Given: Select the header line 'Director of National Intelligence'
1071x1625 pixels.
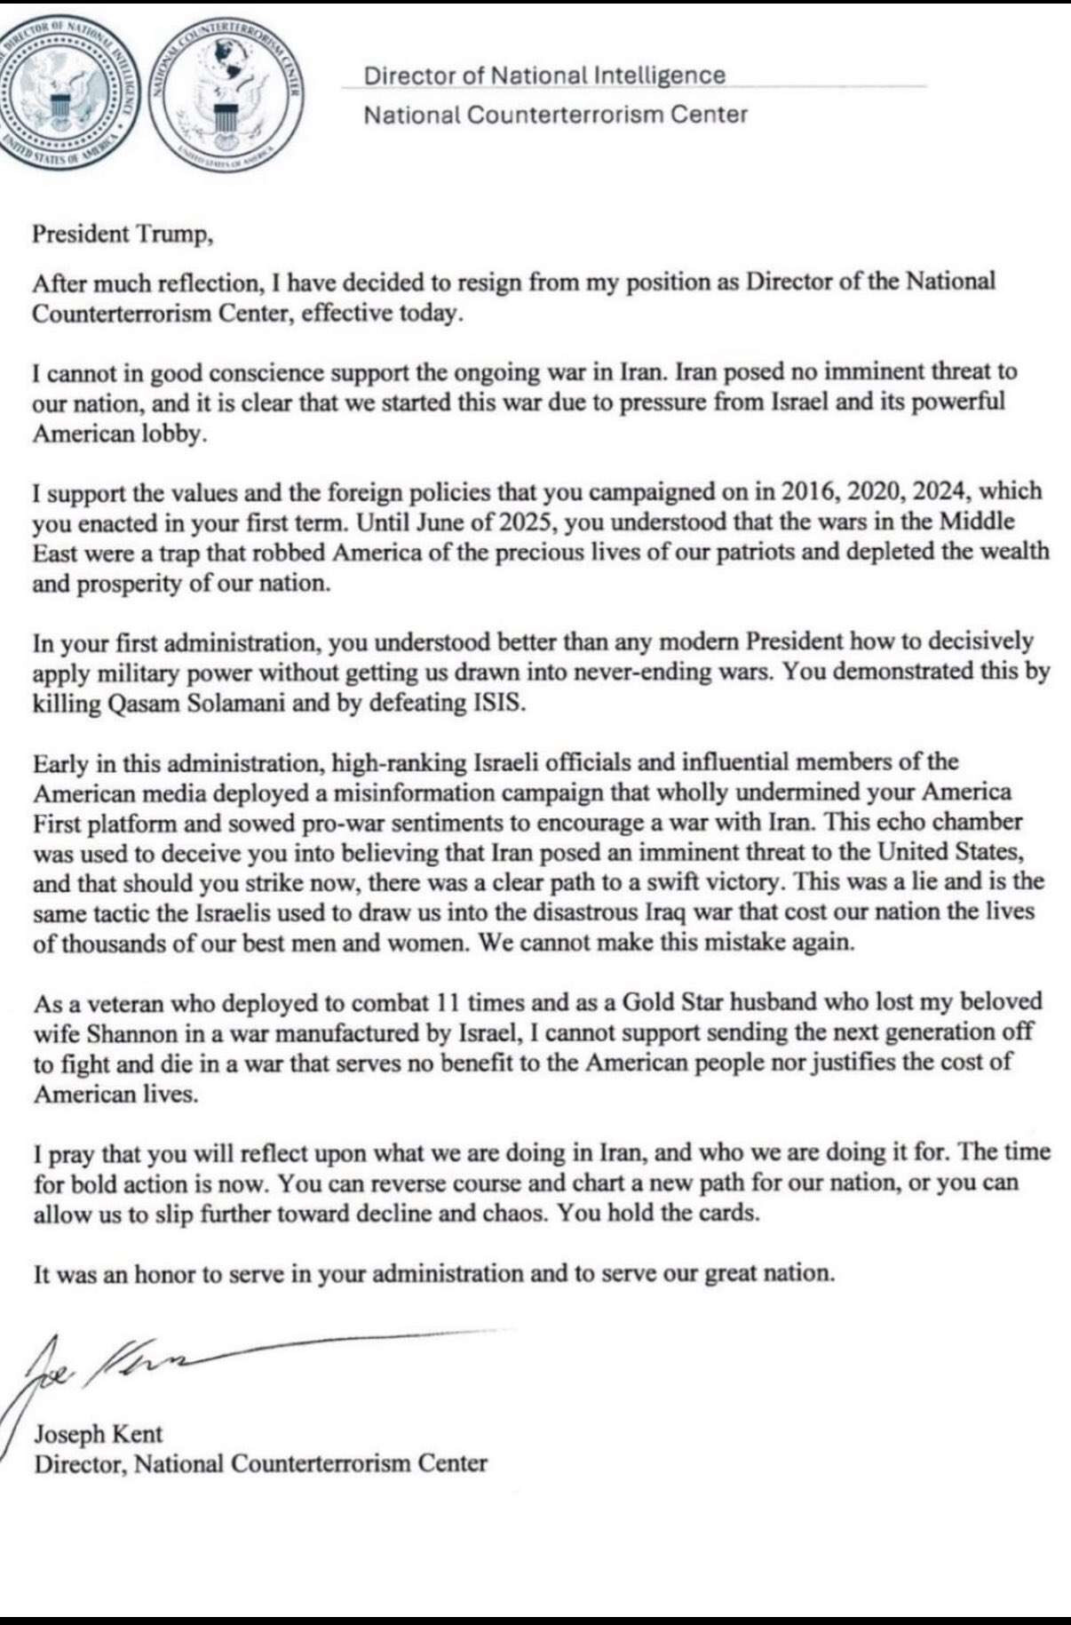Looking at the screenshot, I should coord(544,76).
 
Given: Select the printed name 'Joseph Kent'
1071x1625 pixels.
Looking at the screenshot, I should coord(99,1433).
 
